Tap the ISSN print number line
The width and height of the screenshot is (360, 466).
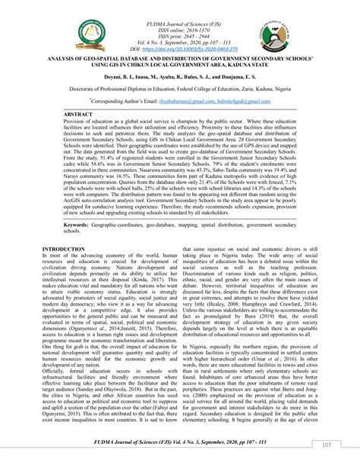pyautogui.click(x=179, y=24)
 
